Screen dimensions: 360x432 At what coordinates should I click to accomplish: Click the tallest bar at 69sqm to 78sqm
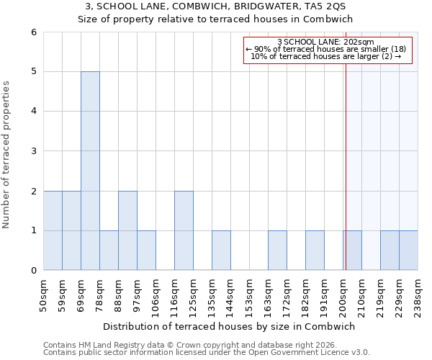pyautogui.click(x=90, y=171)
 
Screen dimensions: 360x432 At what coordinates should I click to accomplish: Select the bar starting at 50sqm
pyautogui.click(x=53, y=230)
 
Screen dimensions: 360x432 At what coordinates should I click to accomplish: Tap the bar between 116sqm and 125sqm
pyautogui.click(x=184, y=230)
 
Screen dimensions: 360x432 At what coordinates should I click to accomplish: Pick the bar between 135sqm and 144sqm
pyautogui.click(x=221, y=251)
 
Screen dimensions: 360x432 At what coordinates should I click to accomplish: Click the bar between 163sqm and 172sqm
pyautogui.click(x=277, y=251)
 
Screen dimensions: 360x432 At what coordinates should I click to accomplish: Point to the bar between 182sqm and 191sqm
pyautogui.click(x=315, y=251)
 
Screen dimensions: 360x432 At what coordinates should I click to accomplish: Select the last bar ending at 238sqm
pyautogui.click(x=408, y=251)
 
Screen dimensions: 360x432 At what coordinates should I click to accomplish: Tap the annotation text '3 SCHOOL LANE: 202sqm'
pyautogui.click(x=325, y=42)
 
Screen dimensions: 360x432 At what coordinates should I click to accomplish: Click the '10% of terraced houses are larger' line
pyautogui.click(x=325, y=56)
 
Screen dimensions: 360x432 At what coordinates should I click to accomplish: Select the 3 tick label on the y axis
pyautogui.click(x=33, y=151)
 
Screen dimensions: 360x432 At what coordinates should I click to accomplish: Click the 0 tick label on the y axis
pyautogui.click(x=33, y=271)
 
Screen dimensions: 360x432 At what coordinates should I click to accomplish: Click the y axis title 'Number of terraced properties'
pyautogui.click(x=6, y=155)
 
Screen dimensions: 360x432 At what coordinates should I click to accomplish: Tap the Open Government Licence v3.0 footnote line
pyautogui.click(x=207, y=353)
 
